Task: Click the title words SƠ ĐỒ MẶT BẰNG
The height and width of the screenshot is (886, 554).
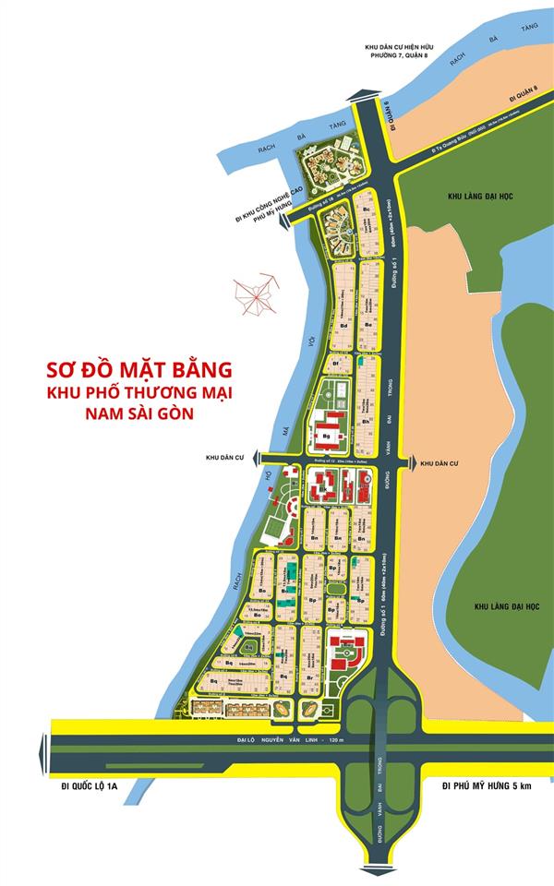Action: pos(139,370)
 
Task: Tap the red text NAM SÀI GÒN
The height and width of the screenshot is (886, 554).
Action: pos(139,415)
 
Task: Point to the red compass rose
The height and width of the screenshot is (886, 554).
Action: pos(256,293)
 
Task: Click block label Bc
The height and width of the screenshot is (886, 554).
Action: pos(367,210)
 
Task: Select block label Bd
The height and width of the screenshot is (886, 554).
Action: pos(343,326)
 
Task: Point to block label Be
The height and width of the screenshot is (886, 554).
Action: pos(368,325)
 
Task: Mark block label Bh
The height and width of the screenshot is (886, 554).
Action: pos(367,422)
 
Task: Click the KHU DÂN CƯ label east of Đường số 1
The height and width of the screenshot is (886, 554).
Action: pos(439,463)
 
